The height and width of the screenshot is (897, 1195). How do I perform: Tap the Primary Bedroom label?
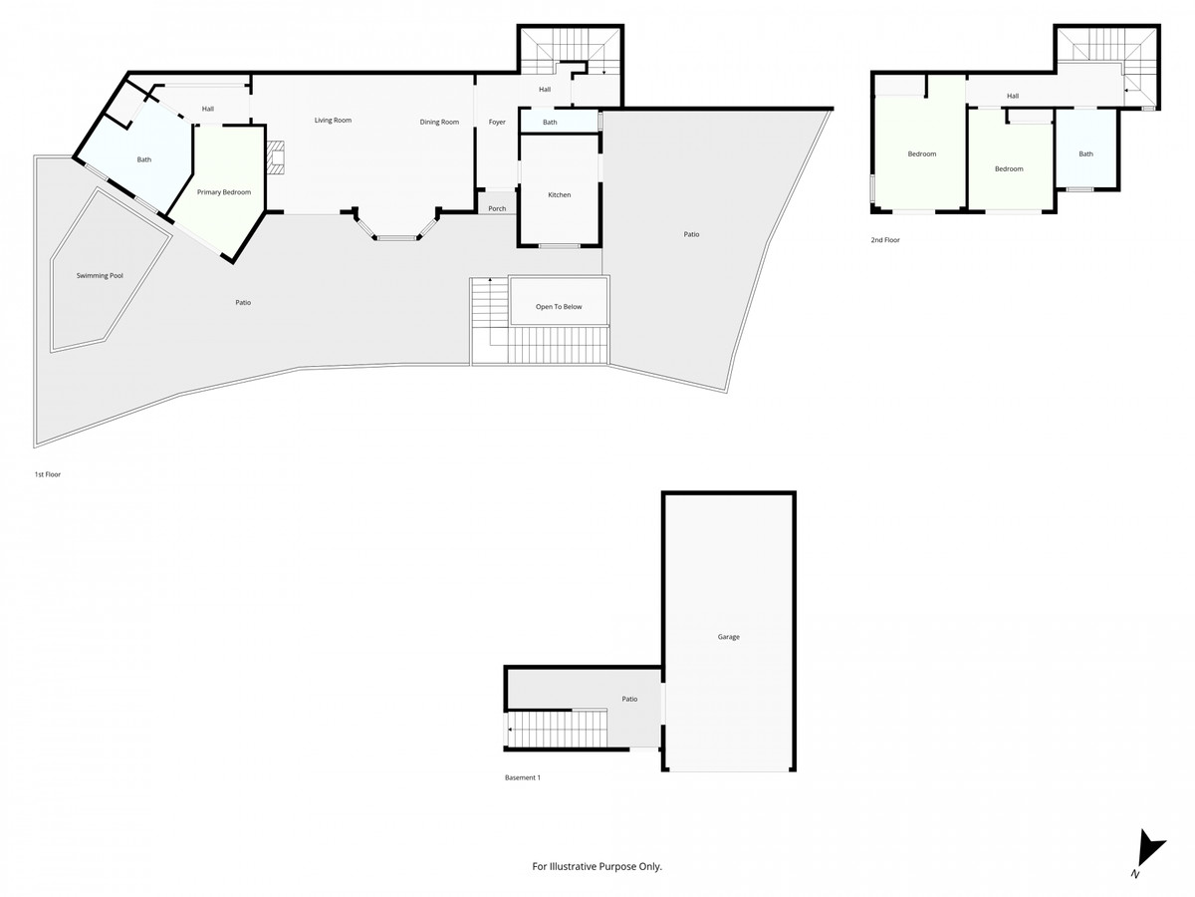224,191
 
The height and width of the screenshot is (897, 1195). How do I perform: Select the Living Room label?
333,121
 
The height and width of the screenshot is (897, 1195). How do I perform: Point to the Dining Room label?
439,122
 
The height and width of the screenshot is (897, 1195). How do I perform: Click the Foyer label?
497,122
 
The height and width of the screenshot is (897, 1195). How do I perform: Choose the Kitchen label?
560,194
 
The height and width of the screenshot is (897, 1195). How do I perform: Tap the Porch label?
497,208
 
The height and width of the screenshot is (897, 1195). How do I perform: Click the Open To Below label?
559,307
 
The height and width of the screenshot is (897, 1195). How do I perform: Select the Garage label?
728,636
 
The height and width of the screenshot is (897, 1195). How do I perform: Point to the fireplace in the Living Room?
276,157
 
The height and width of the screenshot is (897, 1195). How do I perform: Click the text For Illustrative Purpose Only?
597,866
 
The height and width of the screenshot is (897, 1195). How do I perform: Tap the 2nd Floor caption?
884,240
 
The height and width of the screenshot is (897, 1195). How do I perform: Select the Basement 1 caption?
522,777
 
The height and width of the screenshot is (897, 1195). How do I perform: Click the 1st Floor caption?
47,474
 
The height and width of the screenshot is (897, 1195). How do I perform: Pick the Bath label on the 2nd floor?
1085,153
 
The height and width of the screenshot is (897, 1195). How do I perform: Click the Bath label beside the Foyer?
550,123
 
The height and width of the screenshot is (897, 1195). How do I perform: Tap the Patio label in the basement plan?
629,699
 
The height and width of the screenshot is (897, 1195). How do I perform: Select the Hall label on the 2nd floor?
1012,96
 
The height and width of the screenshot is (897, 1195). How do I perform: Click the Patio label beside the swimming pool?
243,302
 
